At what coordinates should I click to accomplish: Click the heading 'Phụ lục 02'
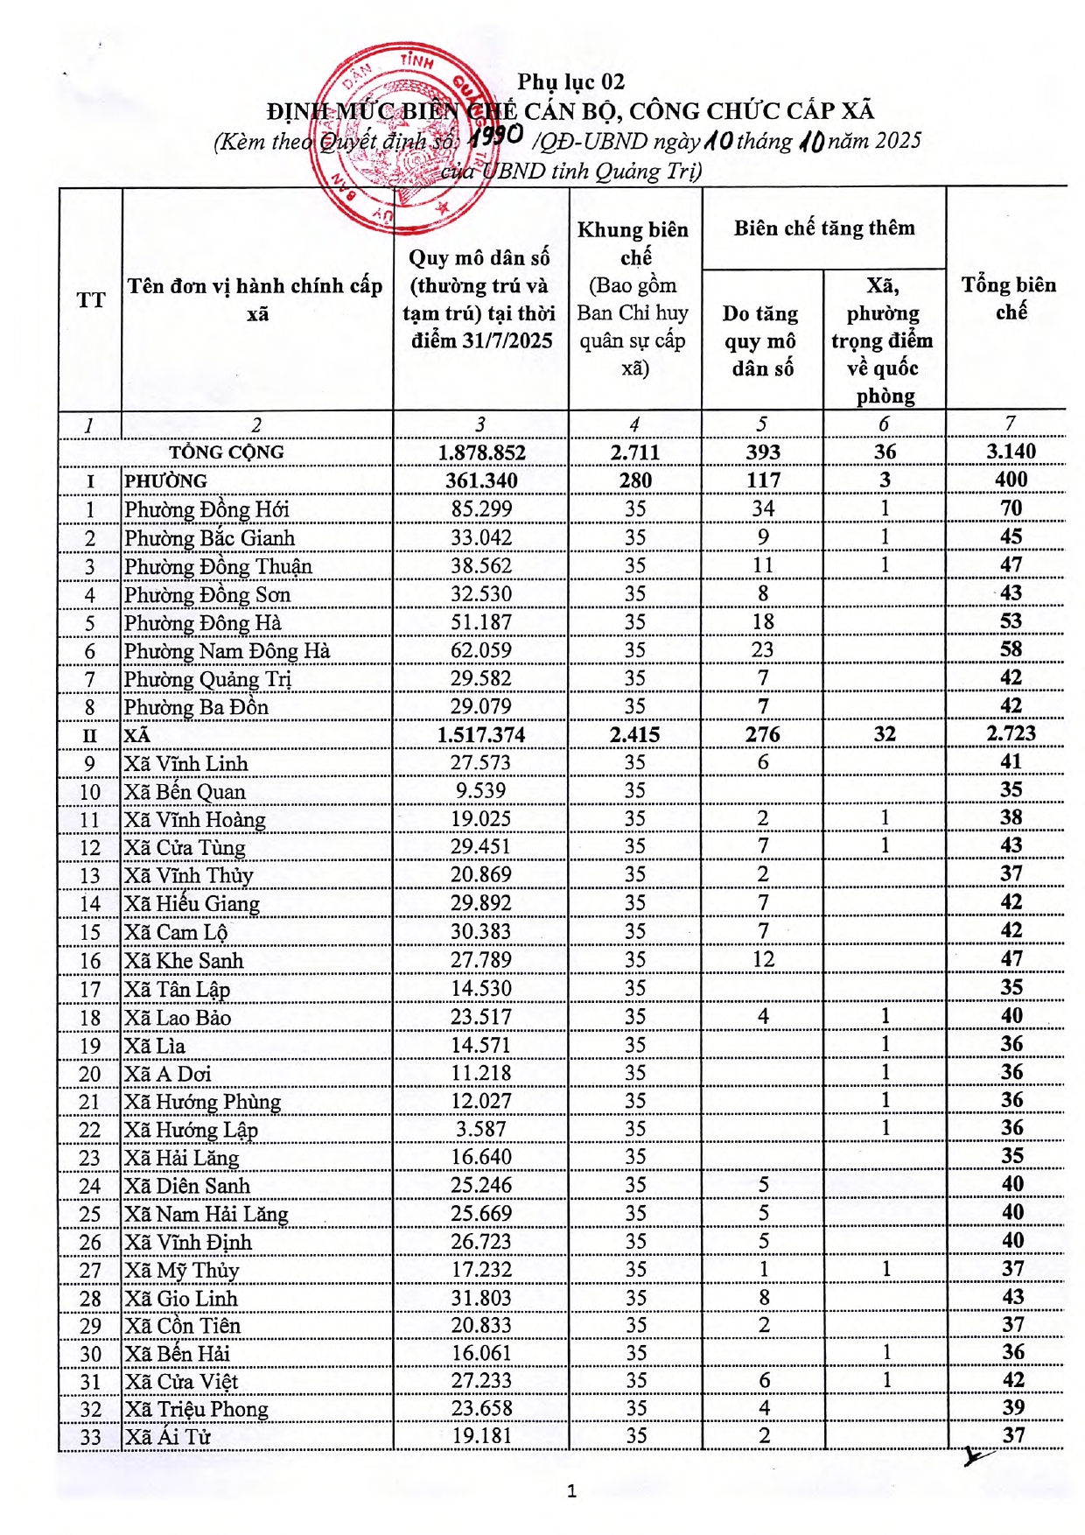[x=570, y=82]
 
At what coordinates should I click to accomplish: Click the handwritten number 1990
[x=495, y=137]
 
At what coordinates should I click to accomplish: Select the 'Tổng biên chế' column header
[x=1009, y=298]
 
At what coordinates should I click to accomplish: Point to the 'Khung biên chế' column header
[x=633, y=243]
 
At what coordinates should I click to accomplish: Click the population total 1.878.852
[x=481, y=452]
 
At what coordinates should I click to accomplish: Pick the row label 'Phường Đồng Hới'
[x=206, y=509]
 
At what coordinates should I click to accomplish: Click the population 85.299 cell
[x=481, y=509]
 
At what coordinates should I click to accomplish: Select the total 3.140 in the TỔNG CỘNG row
[x=1011, y=452]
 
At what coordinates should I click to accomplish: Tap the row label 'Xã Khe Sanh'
[x=184, y=961]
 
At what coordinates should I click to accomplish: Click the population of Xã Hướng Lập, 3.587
[x=481, y=1130]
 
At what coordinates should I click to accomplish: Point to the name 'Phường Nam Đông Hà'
[x=227, y=651]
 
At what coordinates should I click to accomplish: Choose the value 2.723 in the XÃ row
[x=1011, y=733]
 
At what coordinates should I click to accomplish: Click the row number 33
[x=90, y=1438]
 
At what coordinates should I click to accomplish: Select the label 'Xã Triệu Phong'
[x=196, y=1410]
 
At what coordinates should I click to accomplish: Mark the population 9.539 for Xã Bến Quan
[x=481, y=791]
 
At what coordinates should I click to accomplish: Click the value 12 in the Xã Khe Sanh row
[x=763, y=960]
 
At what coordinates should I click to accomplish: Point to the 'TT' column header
[x=90, y=300]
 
